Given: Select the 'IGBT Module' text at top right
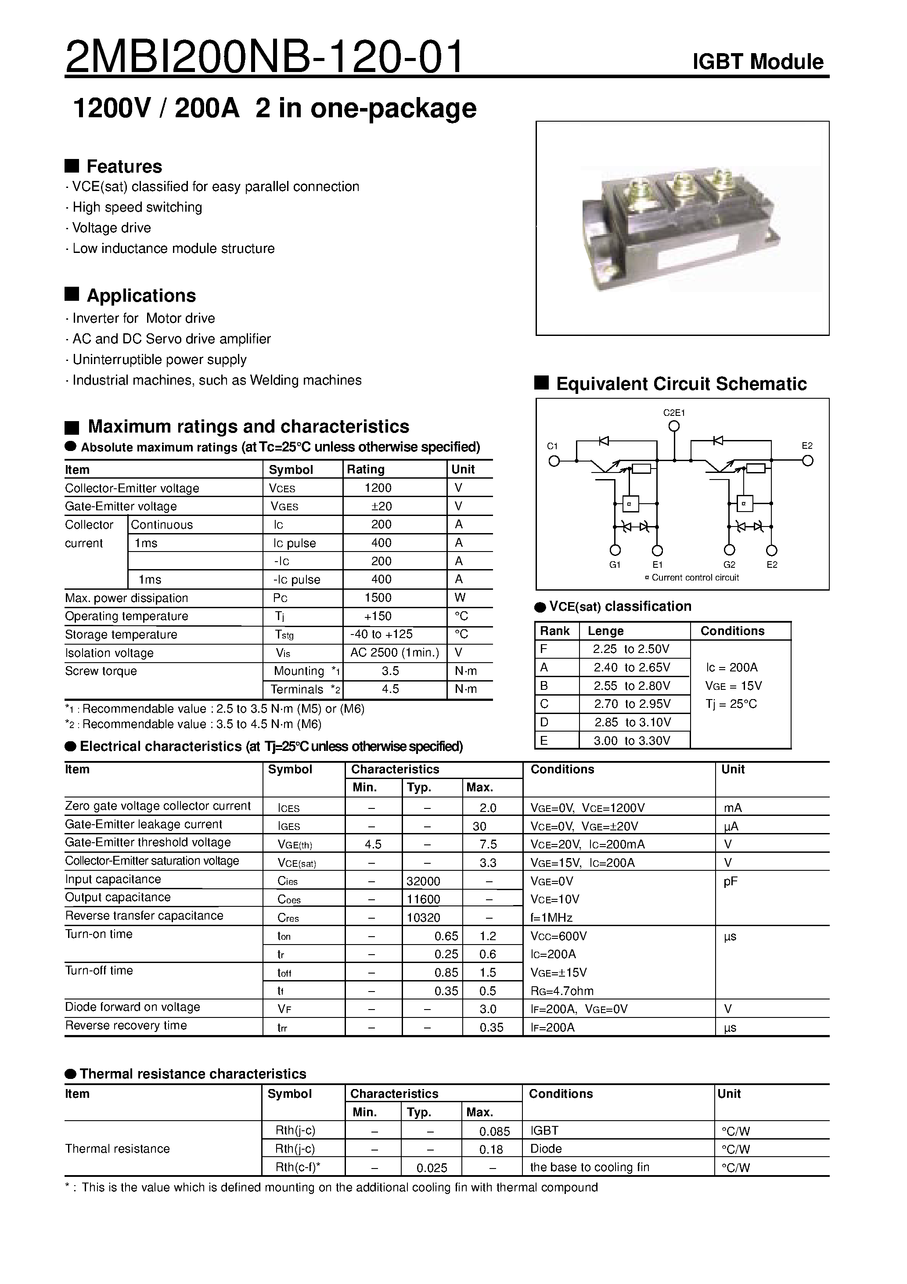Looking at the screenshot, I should click(x=758, y=61).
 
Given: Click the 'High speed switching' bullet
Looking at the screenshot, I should click(x=137, y=207).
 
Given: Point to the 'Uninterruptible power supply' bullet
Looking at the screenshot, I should click(x=159, y=359).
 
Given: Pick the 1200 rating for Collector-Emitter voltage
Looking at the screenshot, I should click(x=378, y=488).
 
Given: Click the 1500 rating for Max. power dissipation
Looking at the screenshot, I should click(x=378, y=597).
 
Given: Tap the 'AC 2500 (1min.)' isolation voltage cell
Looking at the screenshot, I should click(x=394, y=652).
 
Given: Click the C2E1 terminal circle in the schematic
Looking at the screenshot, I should click(x=674, y=426).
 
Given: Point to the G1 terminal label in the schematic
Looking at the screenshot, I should click(x=615, y=565).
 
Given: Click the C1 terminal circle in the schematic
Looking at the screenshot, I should click(x=554, y=461).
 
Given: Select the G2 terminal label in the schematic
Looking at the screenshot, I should click(x=729, y=565).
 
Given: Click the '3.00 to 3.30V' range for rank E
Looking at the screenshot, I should click(x=632, y=740).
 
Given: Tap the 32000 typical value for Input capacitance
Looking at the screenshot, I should click(x=423, y=881).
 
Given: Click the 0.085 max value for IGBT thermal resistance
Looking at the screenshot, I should click(x=494, y=1131).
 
